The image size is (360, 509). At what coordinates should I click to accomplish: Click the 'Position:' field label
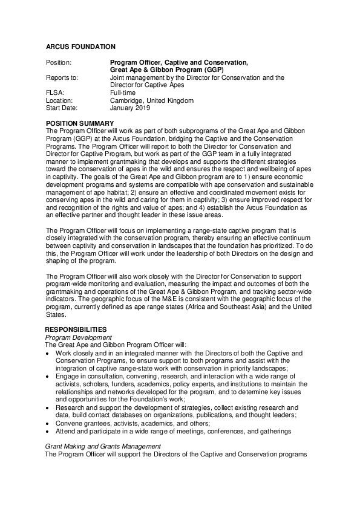59,62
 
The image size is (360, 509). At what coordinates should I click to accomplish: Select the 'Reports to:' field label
62,77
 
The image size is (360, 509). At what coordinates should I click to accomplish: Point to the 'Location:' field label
59,100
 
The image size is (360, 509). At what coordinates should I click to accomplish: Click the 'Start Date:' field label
62,108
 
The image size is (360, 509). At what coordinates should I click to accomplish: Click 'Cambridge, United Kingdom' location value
151,100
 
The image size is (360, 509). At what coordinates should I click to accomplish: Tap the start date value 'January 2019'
129,108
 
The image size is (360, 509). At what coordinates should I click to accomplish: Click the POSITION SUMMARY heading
80,123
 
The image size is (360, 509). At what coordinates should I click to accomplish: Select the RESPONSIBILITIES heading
76,329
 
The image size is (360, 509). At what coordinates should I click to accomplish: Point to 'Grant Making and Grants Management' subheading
104,446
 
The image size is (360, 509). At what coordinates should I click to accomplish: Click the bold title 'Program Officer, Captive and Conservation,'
178,62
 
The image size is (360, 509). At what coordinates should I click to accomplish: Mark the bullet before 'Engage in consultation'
48,376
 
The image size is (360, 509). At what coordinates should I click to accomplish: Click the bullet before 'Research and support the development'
48,407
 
